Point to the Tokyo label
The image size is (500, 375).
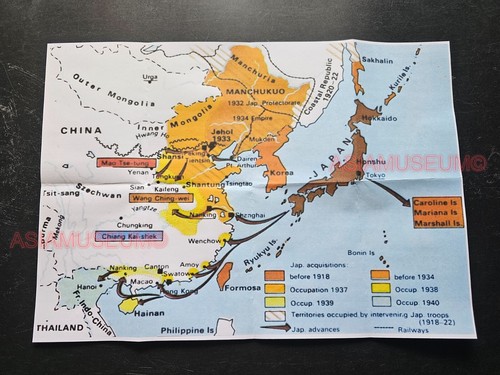click(375, 176)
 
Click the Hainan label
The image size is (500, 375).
click(148, 313)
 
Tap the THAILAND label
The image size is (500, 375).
click(59, 327)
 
